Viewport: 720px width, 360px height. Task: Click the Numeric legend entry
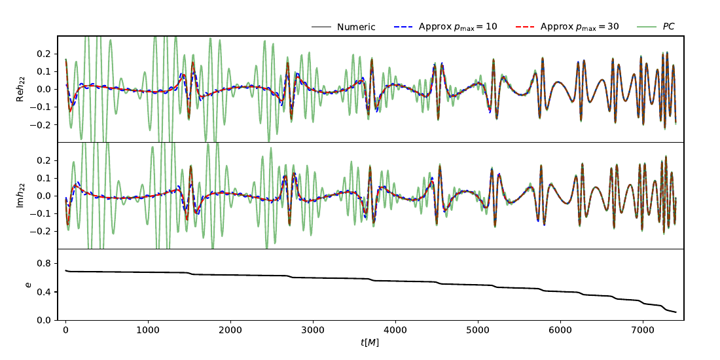(356, 27)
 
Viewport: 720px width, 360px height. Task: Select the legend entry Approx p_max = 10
(469, 27)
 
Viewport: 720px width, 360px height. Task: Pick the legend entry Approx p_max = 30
(579, 27)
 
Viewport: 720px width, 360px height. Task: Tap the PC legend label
(668, 27)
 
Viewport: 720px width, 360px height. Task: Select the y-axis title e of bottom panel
(27, 285)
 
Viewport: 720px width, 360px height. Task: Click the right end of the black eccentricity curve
(675, 312)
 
